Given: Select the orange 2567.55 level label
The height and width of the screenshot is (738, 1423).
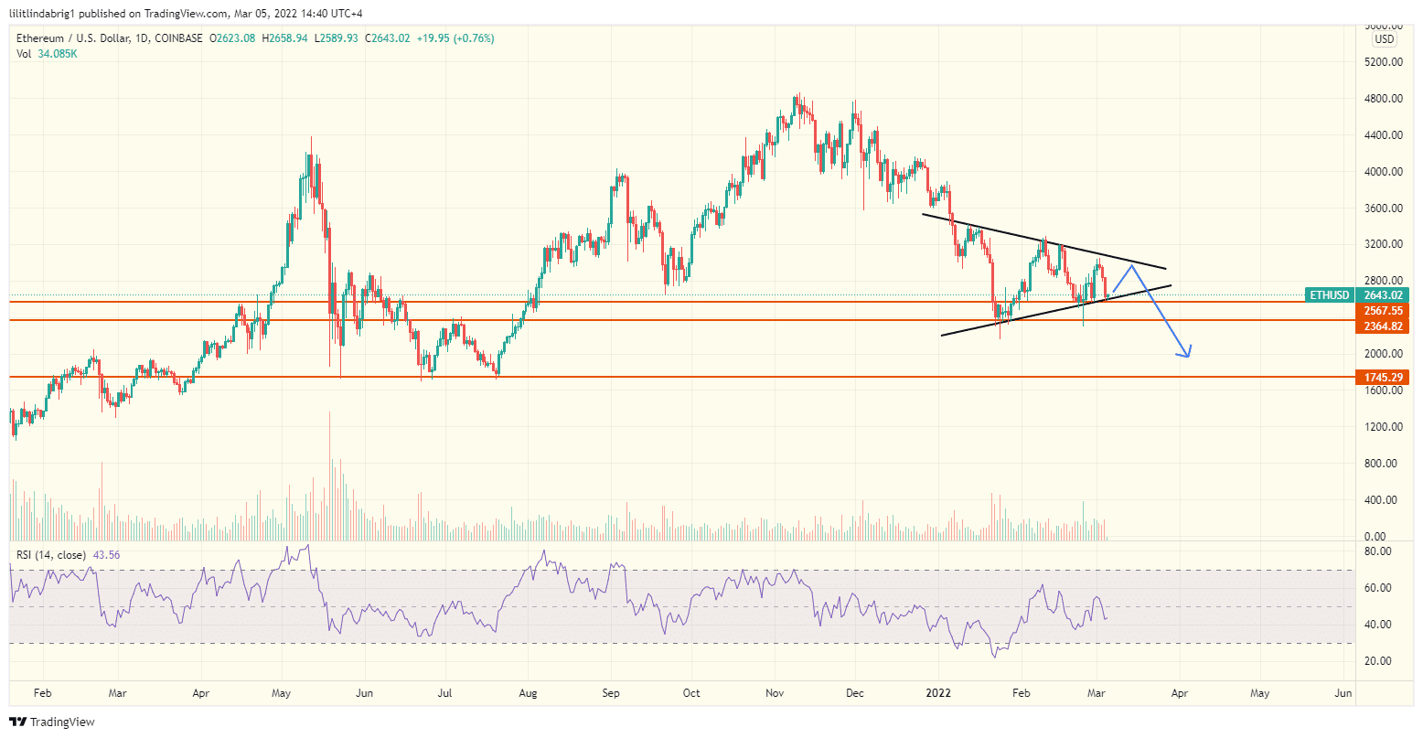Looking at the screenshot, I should [1383, 311].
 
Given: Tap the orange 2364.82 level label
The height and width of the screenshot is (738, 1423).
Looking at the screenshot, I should [1383, 326].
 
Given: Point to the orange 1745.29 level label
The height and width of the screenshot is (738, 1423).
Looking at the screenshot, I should [1383, 377].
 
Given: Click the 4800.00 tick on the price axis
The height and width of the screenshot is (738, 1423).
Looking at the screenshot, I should [1384, 99].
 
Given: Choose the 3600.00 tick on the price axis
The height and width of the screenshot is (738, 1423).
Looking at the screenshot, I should [1384, 209].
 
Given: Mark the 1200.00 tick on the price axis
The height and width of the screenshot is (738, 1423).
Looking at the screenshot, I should [1384, 427].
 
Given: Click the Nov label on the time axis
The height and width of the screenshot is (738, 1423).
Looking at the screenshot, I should [775, 693].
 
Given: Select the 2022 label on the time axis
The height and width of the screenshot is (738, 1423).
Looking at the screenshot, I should [940, 693].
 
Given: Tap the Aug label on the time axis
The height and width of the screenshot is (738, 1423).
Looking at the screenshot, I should [528, 693].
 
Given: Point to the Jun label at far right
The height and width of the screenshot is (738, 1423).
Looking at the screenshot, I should [1343, 693].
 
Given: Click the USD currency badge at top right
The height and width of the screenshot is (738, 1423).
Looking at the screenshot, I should [1384, 39].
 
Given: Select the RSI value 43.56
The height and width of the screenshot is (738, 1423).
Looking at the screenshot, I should [106, 555].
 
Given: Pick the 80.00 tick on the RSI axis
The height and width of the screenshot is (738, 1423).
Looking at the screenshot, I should [1378, 551].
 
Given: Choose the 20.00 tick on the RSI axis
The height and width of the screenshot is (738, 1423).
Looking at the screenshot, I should [1378, 661].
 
